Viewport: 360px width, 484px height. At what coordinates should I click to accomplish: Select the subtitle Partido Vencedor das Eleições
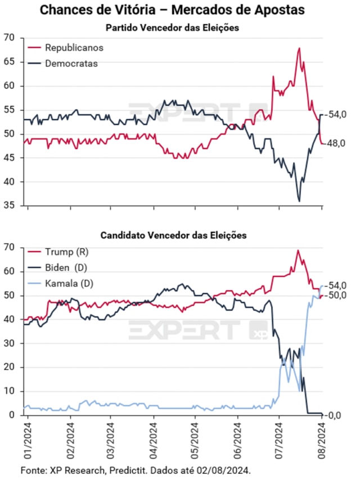[173, 28]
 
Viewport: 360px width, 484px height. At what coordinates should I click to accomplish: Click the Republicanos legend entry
[74, 47]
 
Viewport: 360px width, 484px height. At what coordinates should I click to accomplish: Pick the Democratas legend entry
[71, 63]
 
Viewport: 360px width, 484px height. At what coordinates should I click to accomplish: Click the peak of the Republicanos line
[299, 48]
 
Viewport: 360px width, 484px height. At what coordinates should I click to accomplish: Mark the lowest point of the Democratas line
[299, 201]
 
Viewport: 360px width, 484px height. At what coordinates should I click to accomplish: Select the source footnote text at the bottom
[135, 469]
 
